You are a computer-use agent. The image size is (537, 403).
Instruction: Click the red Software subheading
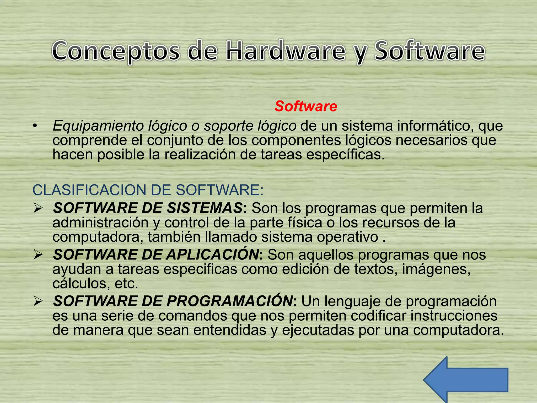[x=306, y=106]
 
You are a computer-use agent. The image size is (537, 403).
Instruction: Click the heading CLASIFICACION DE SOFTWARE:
[x=148, y=190]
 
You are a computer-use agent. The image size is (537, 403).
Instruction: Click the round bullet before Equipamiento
[x=35, y=126]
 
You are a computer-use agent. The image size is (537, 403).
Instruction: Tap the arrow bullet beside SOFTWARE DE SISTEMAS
[x=38, y=208]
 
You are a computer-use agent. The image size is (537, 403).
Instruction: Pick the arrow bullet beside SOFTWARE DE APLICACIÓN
[x=38, y=255]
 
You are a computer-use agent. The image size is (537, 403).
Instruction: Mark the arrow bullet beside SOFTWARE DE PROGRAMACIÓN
[x=38, y=301]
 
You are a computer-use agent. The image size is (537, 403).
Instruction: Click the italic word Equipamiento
[x=98, y=126]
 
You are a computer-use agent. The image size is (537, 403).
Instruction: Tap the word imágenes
[x=436, y=269]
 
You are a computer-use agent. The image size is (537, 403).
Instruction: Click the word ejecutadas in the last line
[x=318, y=330]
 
